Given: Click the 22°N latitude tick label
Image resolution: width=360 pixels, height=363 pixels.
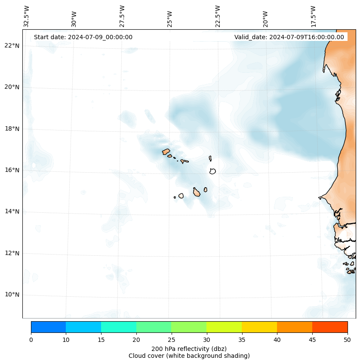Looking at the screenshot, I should pyautogui.click(x=12, y=46).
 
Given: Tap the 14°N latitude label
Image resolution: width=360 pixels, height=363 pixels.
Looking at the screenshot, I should pyautogui.click(x=12, y=211).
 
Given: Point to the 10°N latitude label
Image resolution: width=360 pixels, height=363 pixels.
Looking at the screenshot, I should pyautogui.click(x=12, y=295).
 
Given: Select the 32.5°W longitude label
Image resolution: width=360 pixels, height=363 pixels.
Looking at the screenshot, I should pyautogui.click(x=27, y=16).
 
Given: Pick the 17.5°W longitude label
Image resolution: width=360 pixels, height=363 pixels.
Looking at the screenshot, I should pyautogui.click(x=314, y=16).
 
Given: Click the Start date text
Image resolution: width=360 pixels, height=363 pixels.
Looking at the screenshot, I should pyautogui.click(x=83, y=37).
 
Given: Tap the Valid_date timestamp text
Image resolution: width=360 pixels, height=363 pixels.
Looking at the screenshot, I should pyautogui.click(x=289, y=37).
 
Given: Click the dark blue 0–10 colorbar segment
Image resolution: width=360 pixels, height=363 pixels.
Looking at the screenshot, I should pyautogui.click(x=48, y=327).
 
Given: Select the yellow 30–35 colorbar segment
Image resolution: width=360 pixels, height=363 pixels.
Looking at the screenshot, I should pyautogui.click(x=224, y=327).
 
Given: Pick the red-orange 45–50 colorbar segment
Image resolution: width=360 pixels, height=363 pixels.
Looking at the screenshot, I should pyautogui.click(x=329, y=327).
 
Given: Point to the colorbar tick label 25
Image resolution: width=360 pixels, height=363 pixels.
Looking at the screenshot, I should pyautogui.click(x=171, y=340).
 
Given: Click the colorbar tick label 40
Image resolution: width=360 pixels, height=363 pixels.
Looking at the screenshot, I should pyautogui.click(x=277, y=340).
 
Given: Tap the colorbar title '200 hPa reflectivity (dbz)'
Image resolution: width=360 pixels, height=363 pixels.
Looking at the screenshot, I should pyautogui.click(x=189, y=348).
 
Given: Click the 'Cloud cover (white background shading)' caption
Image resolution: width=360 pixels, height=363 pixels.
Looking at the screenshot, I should pyautogui.click(x=189, y=356).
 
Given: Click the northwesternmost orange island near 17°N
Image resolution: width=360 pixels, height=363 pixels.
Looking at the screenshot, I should pyautogui.click(x=166, y=152).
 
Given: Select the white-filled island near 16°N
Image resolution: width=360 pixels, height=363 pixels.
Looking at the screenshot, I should pyautogui.click(x=212, y=171).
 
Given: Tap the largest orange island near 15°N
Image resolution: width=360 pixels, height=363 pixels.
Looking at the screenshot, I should pyautogui.click(x=197, y=192).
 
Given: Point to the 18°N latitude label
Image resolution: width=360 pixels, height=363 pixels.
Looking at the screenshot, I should pyautogui.click(x=12, y=129).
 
